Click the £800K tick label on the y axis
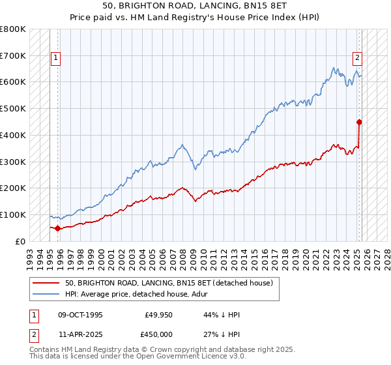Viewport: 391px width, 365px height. point(13,29)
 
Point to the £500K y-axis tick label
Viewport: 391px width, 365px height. point(13,109)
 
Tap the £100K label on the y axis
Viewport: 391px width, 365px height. point(13,214)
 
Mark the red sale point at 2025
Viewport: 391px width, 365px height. point(359,121)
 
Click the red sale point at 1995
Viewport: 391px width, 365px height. point(57,228)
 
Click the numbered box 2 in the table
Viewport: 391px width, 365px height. point(33,334)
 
